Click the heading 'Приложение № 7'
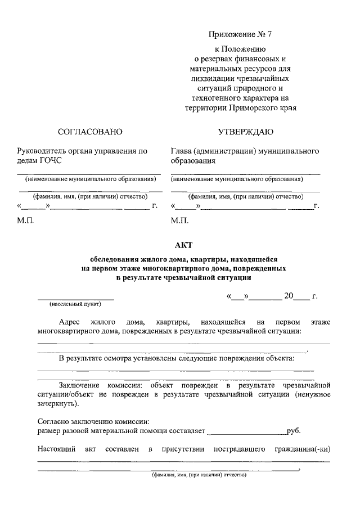240,34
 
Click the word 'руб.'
294,431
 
